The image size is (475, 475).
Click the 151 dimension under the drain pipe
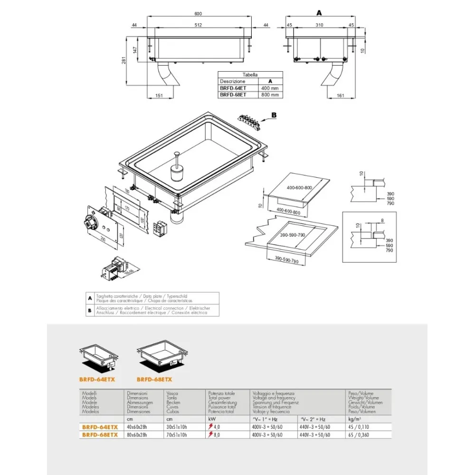tap(159, 95)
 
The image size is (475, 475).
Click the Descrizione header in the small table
tap(233, 81)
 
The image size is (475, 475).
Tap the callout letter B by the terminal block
tap(274, 114)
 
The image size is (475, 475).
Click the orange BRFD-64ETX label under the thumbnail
tap(97, 380)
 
